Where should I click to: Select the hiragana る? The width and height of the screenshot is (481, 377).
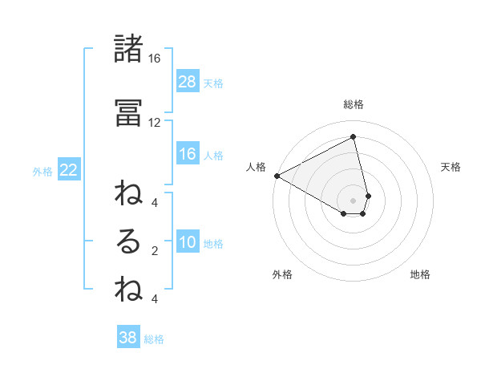coord(128,241)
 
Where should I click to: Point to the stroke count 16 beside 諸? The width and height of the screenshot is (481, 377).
coord(154,59)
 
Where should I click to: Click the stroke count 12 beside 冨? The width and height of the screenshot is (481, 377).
coord(154,122)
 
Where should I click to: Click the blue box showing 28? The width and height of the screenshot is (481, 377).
coord(188,81)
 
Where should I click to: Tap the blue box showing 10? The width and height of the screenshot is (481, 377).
coord(188,243)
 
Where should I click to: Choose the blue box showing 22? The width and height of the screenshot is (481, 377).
coord(69,170)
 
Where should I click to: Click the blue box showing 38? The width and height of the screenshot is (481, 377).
coord(128,338)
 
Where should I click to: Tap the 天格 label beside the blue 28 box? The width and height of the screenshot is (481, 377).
coord(213,83)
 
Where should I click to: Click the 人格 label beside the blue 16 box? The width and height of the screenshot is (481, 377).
coord(213,155)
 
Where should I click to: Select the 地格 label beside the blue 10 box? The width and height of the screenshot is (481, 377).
coord(213,244)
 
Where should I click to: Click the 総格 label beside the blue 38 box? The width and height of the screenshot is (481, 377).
coord(154,339)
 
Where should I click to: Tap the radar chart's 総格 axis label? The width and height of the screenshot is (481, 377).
coord(354,104)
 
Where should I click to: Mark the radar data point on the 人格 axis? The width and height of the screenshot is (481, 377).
coord(277,175)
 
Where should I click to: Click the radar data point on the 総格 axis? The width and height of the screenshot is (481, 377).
coord(354,137)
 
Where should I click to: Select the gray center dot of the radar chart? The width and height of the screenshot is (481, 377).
coord(354,200)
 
